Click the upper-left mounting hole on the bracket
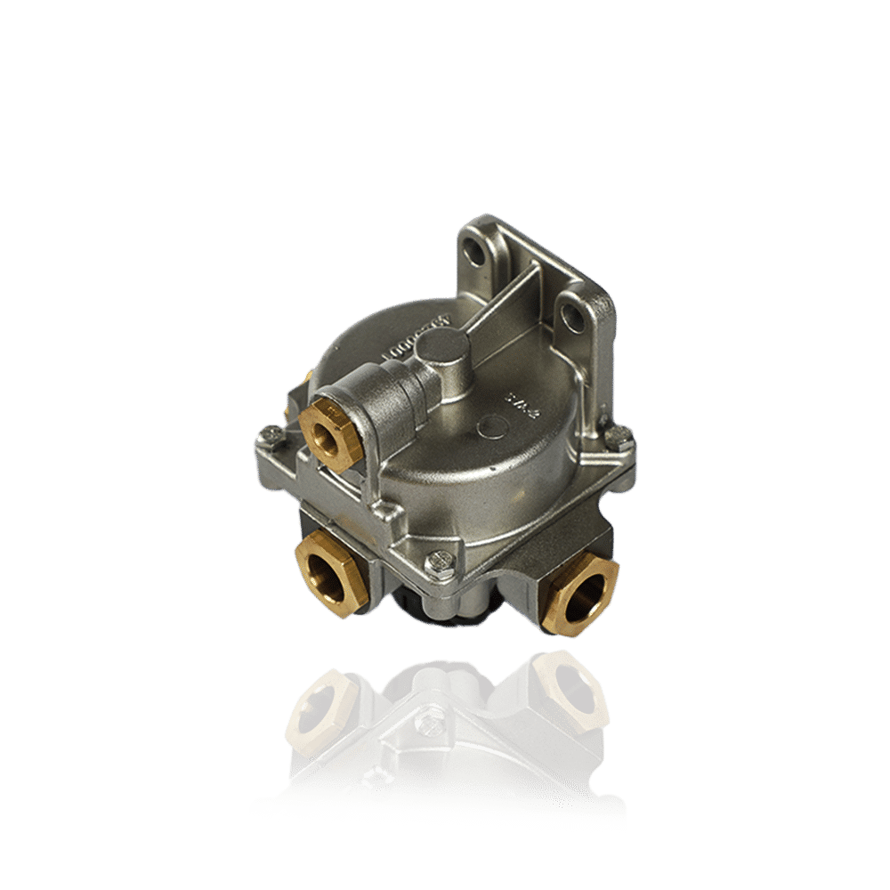[479, 255]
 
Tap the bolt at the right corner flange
[625, 439]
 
